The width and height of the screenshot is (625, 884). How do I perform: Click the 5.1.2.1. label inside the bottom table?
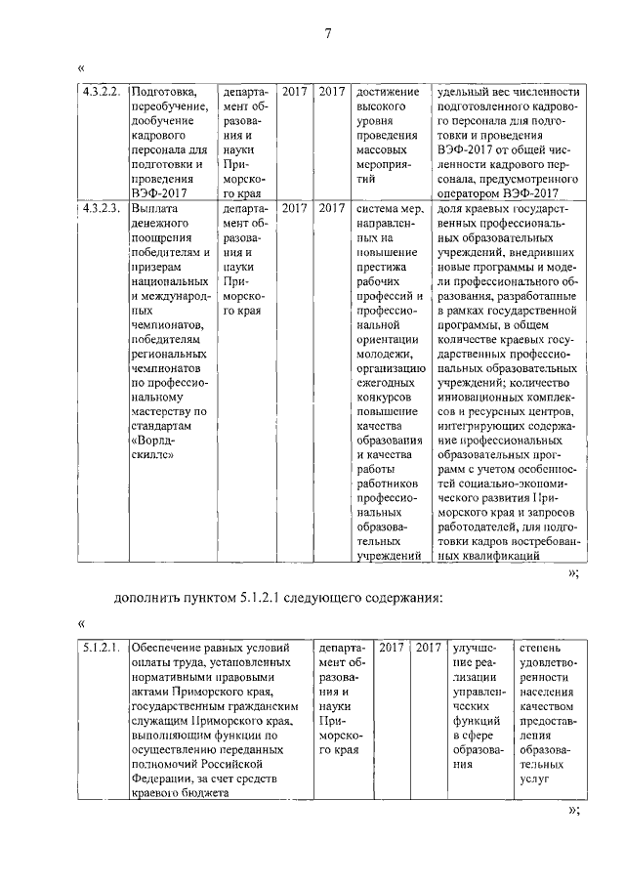pos(102,648)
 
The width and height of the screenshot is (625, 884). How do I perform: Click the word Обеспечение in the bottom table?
pos(172,648)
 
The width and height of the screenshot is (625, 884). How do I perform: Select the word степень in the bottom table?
pos(542,648)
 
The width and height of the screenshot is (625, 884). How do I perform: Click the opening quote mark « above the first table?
pos(81,69)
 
